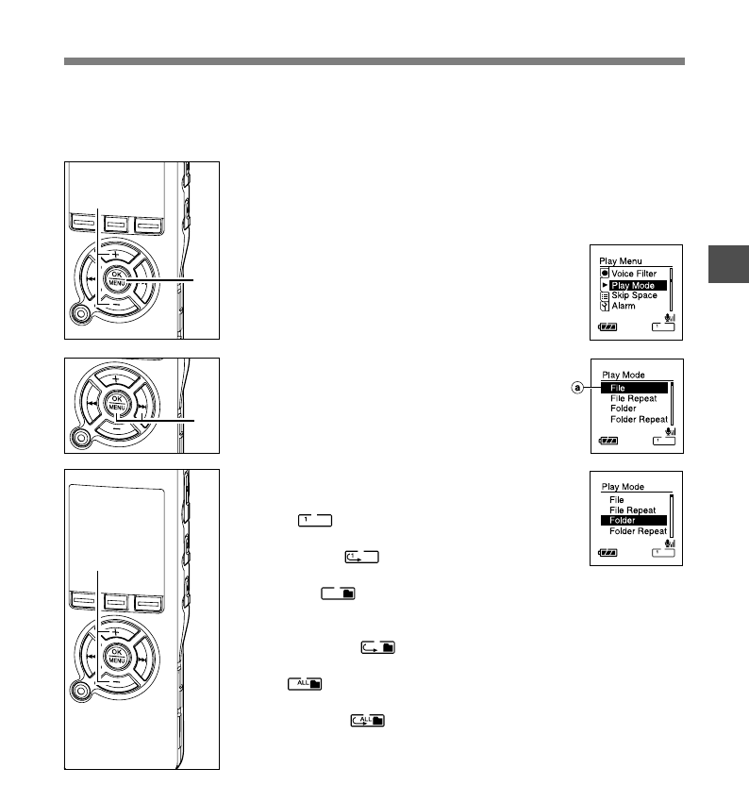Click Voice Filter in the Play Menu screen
(633, 274)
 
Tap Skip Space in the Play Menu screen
(633, 295)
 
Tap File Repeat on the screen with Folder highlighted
(632, 510)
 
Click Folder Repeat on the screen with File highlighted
(638, 419)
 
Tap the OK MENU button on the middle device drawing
(116, 404)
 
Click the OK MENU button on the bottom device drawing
(116, 656)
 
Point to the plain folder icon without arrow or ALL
(338, 593)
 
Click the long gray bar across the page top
(374, 61)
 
